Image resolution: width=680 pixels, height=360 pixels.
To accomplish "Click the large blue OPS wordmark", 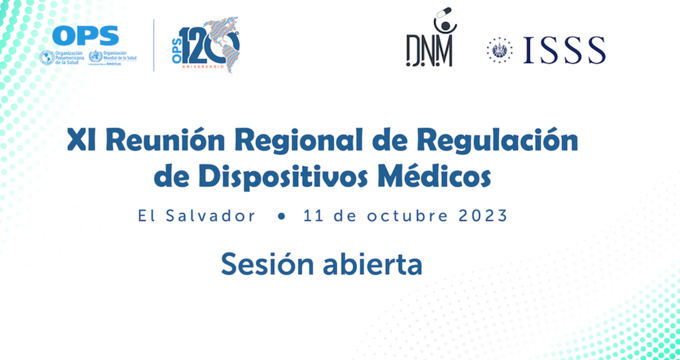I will [x=85, y=36].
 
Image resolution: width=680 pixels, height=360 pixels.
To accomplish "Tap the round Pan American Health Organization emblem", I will [x=47, y=57].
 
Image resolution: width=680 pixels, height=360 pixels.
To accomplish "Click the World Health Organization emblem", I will [x=96, y=57].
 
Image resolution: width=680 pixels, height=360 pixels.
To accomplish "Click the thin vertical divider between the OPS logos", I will [x=154, y=45].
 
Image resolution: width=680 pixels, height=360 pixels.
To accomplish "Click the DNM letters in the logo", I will [x=430, y=51].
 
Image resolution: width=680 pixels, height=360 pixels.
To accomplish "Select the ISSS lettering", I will [x=564, y=50].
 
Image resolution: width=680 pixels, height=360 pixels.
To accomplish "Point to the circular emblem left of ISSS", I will [x=499, y=50].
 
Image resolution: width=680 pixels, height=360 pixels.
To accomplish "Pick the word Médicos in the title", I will [x=434, y=176].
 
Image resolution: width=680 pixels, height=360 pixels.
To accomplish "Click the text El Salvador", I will [x=197, y=216].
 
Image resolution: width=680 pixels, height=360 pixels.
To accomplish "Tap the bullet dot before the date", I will [x=281, y=216].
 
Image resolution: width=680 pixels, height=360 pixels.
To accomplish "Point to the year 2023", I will [x=483, y=216].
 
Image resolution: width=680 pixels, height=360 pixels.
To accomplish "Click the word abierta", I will [x=373, y=264].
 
